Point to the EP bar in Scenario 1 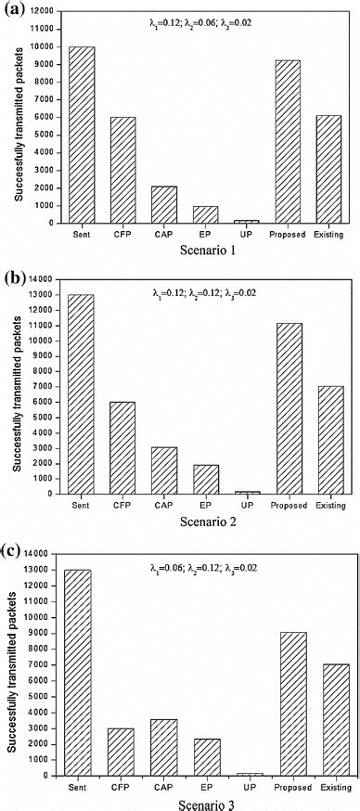pyautogui.click(x=205, y=214)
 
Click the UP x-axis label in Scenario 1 pyautogui.click(x=246, y=234)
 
